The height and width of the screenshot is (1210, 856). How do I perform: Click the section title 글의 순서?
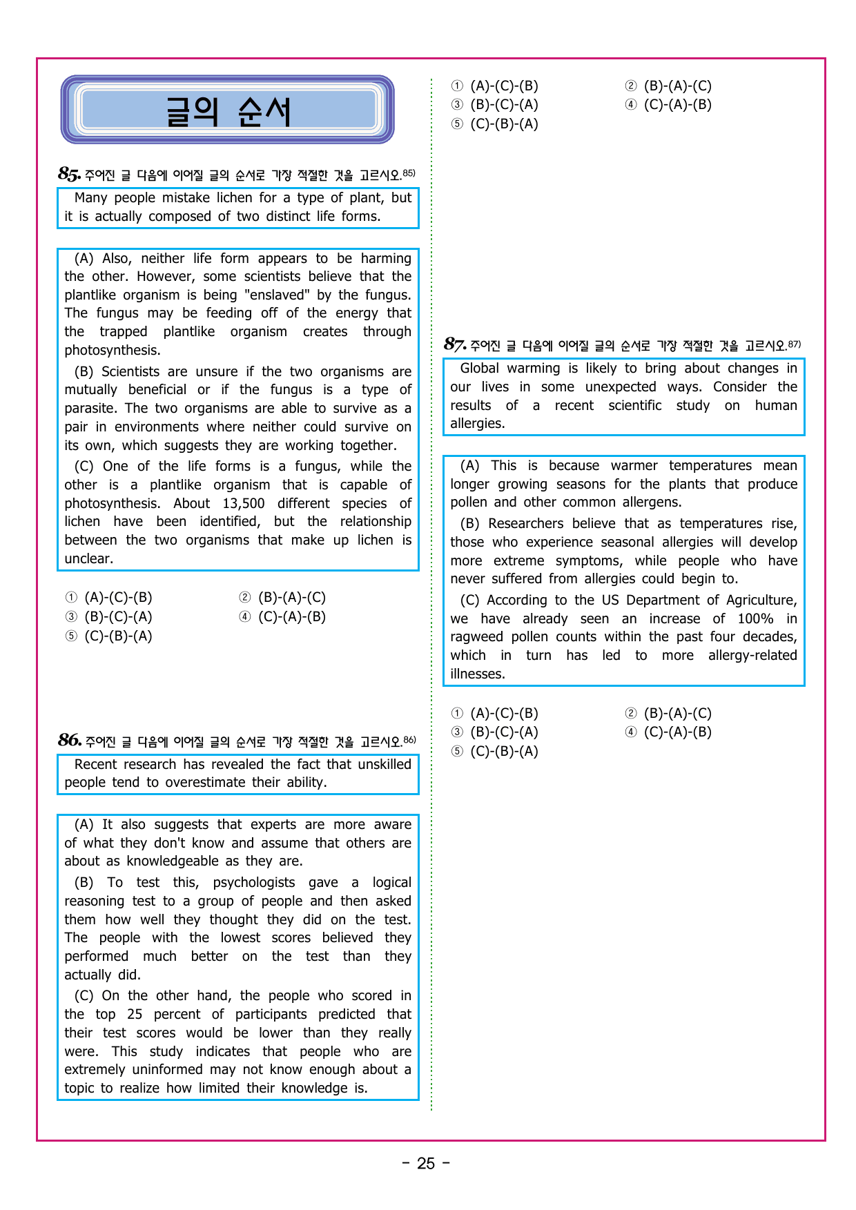point(227,111)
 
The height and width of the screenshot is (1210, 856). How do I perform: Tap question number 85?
point(69,174)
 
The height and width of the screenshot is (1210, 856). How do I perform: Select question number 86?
point(70,741)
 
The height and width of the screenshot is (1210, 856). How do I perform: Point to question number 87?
point(455,344)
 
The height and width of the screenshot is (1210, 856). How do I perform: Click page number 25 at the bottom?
point(426,1164)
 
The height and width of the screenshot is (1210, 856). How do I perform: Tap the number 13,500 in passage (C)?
point(244,503)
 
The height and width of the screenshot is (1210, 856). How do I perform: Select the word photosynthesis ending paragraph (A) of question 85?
point(112,350)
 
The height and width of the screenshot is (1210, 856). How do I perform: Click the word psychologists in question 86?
point(253,882)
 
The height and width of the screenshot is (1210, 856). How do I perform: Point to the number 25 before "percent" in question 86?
point(135,1014)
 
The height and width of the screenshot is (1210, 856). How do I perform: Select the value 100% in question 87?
point(755,618)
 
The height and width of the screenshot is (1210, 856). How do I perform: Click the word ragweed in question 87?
point(476,636)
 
